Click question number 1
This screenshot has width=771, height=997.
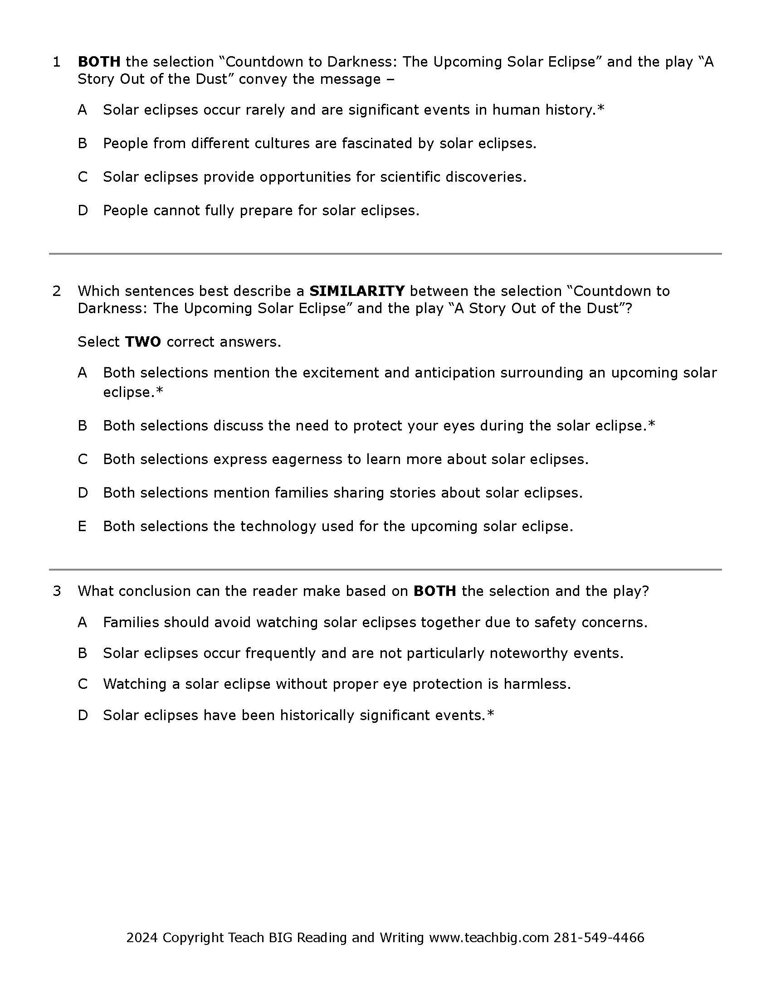pyautogui.click(x=57, y=62)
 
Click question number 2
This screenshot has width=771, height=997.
pyautogui.click(x=57, y=291)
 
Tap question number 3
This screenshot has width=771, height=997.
pyautogui.click(x=57, y=591)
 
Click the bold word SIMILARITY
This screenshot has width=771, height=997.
pyautogui.click(x=357, y=291)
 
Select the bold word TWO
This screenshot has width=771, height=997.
pyautogui.click(x=142, y=342)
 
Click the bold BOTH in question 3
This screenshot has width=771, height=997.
pyautogui.click(x=434, y=591)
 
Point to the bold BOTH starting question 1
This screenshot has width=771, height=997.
pyautogui.click(x=99, y=62)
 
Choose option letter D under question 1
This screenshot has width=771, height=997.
pyautogui.click(x=83, y=211)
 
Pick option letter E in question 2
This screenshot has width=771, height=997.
pyautogui.click(x=83, y=527)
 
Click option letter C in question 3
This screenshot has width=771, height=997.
pyautogui.click(x=83, y=684)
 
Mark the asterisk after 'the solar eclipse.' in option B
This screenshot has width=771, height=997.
pyautogui.click(x=652, y=424)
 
